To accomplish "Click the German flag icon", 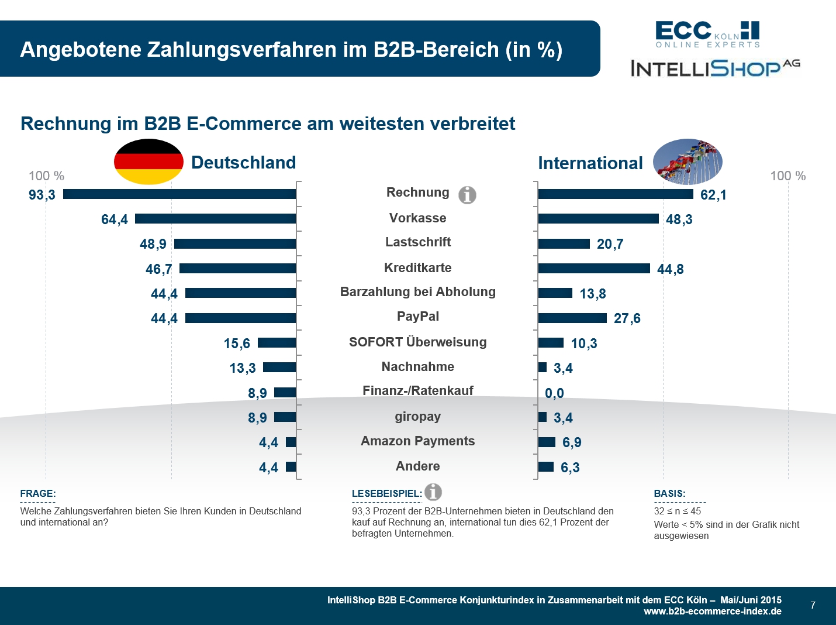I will pos(148,162).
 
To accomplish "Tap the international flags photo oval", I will pos(688,162).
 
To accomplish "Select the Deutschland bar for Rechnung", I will pos(179,194).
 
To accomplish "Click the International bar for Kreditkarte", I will pos(594,269).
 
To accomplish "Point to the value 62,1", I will pos(713,195).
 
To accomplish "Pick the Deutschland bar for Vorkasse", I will pos(215,219).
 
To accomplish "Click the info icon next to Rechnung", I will pos(467,195).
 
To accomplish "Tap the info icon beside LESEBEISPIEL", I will pos(433,492).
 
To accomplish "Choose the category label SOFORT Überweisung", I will pos(417,342).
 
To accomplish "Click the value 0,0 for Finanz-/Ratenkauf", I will pos(554,393).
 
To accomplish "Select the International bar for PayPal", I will pos(572,318).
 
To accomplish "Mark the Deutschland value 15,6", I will pos(237,344).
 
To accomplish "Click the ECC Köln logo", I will pos(707,35).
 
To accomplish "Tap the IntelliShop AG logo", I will pos(715,68).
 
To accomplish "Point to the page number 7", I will pos(813,605).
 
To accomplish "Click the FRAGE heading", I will pos(38,494).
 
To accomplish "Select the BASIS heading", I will pos(669,494).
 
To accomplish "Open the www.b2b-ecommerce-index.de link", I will pos(712,612).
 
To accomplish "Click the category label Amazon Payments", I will pos(417,441).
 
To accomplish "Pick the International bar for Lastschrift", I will pos(564,244).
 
